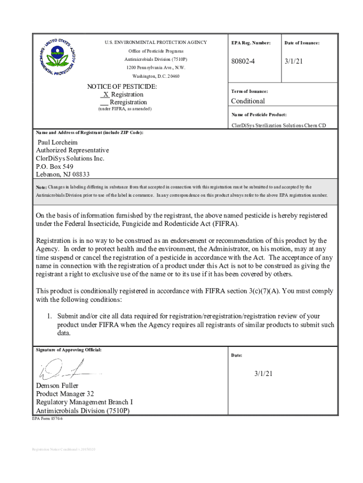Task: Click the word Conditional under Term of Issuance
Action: (x=247, y=101)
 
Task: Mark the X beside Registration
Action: (x=106, y=94)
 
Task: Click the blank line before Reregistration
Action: (x=104, y=102)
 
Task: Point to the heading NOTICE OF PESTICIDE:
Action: (x=122, y=87)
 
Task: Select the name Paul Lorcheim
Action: (x=58, y=142)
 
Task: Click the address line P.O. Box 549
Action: (x=55, y=167)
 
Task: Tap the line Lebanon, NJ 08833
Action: (x=63, y=175)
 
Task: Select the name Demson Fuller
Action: (x=57, y=385)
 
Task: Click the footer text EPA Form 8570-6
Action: (x=47, y=418)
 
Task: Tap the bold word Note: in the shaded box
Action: (x=41, y=187)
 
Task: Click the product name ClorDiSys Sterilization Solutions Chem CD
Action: (x=278, y=125)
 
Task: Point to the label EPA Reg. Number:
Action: (x=251, y=43)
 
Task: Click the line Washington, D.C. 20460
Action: (x=156, y=76)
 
